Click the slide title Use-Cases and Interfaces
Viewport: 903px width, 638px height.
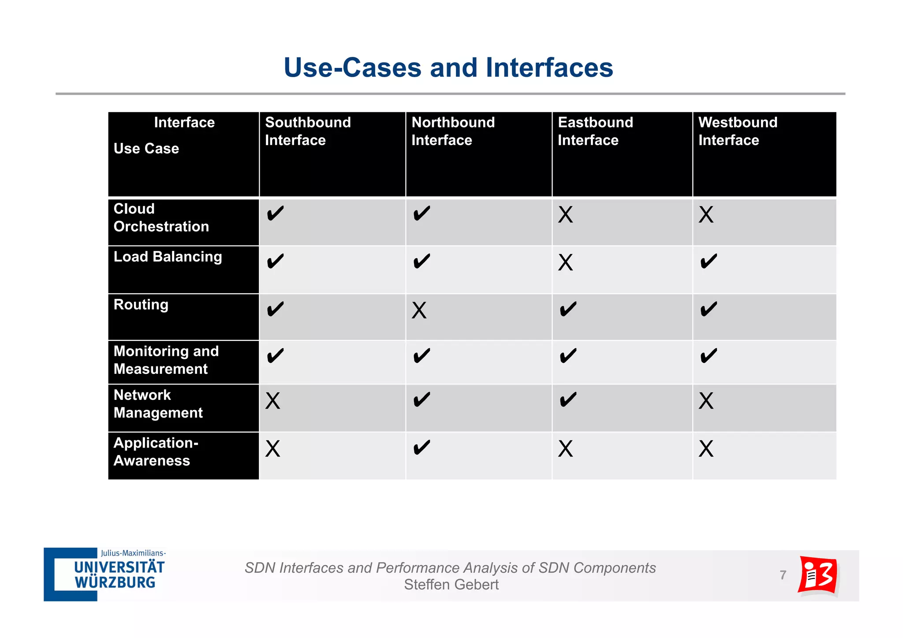448,68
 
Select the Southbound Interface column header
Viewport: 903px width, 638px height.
308,131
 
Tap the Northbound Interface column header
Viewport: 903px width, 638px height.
453,131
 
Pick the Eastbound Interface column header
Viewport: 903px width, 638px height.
595,131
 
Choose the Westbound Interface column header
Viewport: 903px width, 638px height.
737,131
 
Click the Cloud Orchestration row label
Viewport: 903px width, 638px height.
161,217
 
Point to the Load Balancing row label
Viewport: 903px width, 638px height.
168,257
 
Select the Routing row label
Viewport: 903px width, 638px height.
141,305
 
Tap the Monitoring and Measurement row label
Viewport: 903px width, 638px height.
166,360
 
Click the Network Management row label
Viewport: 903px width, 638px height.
158,404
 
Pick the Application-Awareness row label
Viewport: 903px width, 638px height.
156,451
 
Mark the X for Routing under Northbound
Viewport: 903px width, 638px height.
419,310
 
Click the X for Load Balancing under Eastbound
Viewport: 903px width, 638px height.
565,263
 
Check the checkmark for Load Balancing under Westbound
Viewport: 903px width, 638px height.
709,261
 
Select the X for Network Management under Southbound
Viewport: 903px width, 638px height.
272,401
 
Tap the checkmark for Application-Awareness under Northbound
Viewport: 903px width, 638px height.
422,448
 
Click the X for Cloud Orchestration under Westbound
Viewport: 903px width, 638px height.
705,215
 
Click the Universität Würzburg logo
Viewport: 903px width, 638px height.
105,574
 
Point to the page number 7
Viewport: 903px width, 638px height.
783,575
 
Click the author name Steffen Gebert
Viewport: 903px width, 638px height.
451,585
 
